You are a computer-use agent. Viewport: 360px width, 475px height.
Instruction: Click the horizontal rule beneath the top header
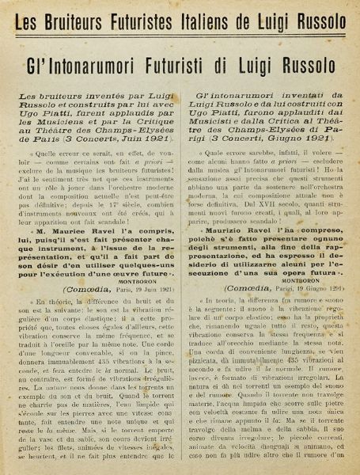pyautogui.click(x=180, y=32)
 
